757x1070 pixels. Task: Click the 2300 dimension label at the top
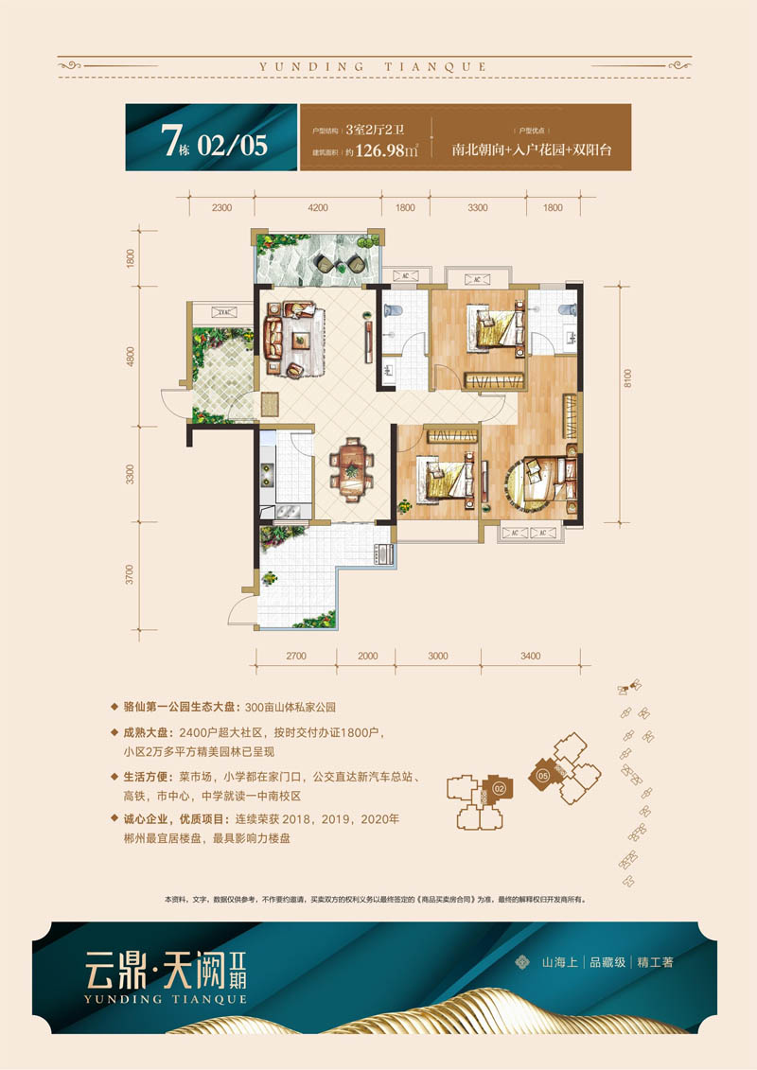point(221,207)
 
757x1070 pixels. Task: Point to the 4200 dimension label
point(317,207)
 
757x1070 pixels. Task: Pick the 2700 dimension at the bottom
point(295,656)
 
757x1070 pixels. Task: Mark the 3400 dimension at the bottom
point(530,656)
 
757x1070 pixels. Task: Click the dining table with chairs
point(352,466)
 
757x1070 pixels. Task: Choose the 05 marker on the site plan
point(543,775)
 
